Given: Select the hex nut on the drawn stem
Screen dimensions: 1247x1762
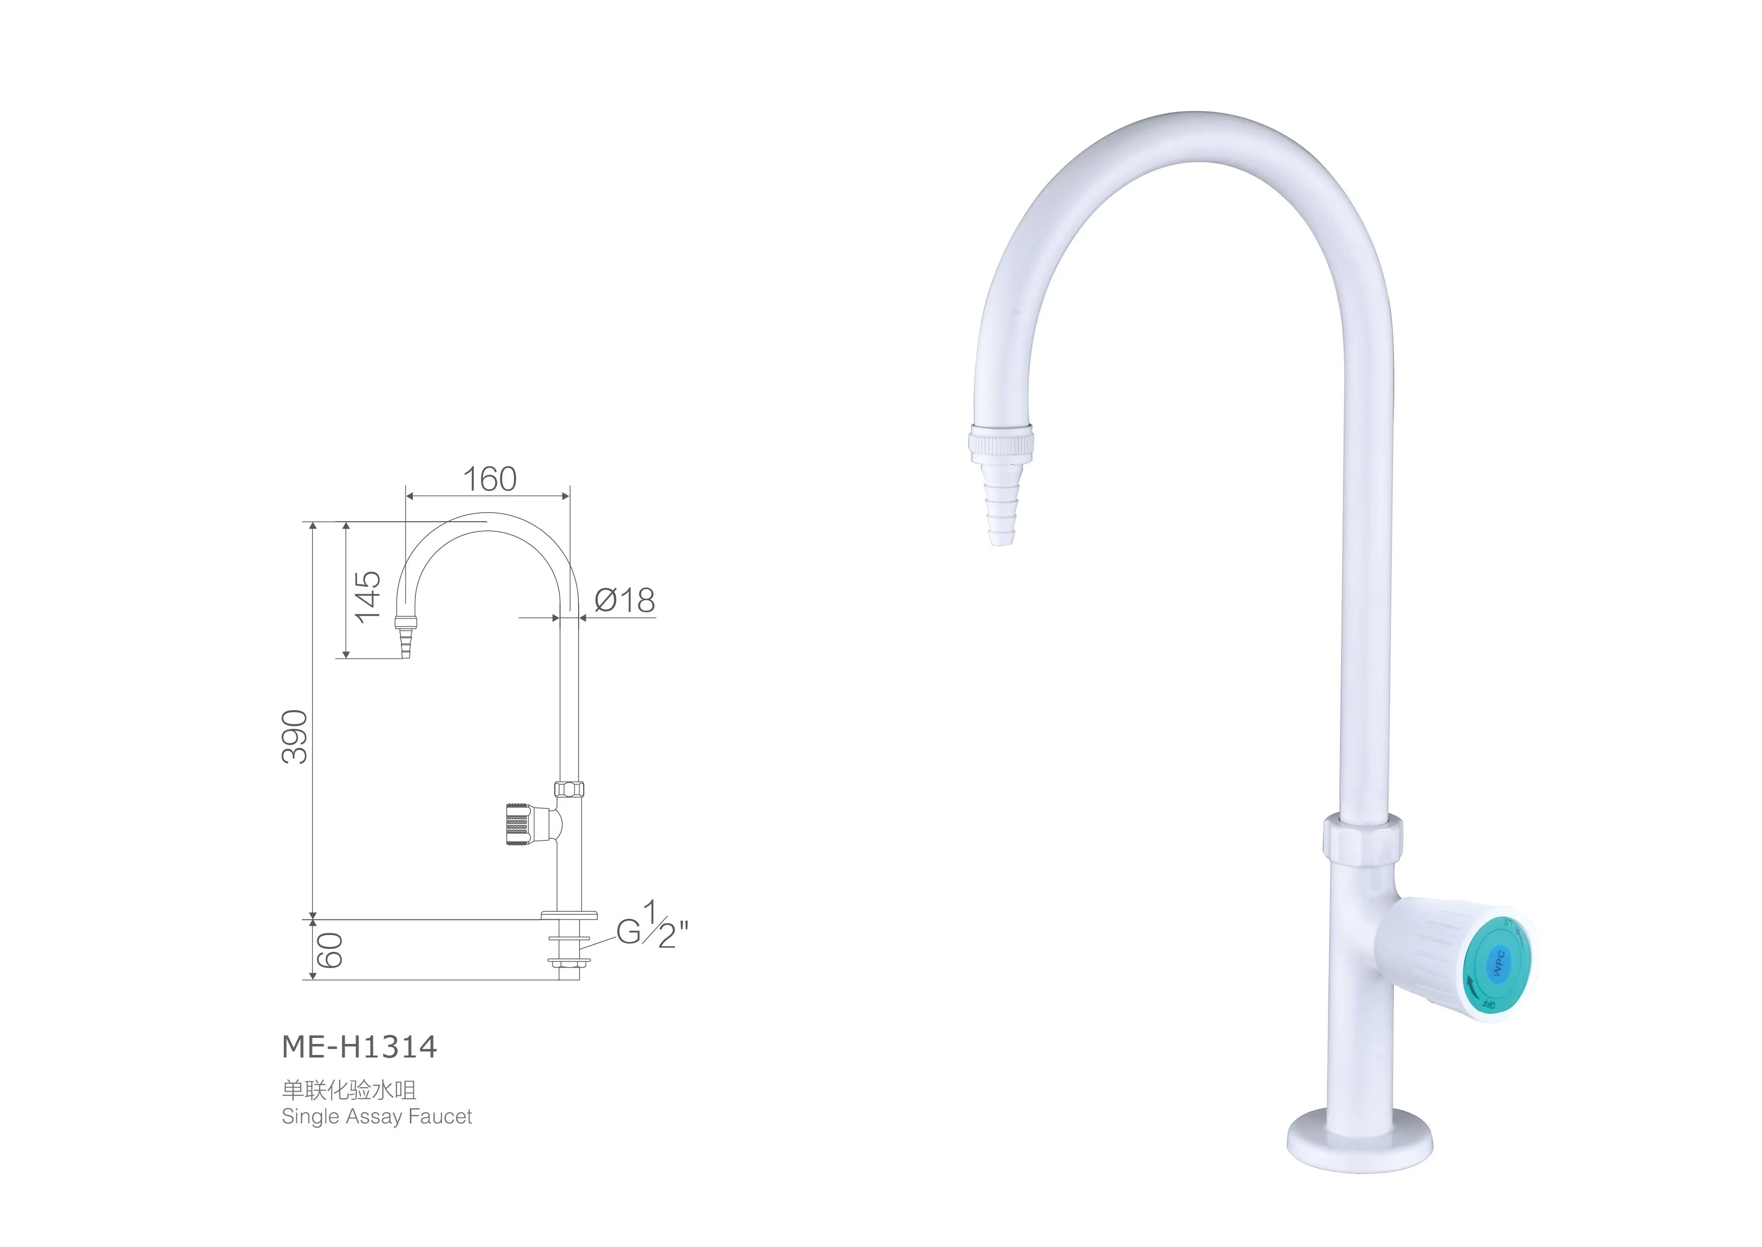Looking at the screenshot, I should [x=569, y=789].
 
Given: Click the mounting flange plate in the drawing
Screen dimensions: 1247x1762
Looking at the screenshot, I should [x=569, y=915].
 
